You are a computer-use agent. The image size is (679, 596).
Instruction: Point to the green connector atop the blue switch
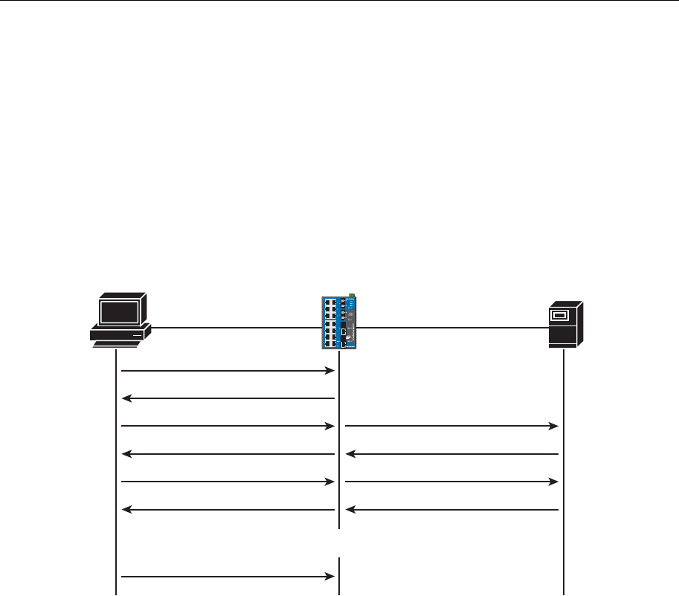350,296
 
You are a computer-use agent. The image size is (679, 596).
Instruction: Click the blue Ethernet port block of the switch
331,323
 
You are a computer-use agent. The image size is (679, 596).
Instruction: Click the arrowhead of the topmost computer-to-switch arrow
329,370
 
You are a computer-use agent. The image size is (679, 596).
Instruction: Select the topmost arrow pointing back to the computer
228,399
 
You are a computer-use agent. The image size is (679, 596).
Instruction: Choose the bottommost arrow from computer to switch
228,575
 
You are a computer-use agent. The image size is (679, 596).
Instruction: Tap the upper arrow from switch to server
451,426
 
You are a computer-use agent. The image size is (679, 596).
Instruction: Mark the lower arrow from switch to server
451,482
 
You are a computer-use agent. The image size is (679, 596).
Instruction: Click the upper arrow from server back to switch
451,453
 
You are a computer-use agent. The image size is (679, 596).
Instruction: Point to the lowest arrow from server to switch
451,510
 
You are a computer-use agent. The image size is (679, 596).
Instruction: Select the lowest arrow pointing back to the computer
228,510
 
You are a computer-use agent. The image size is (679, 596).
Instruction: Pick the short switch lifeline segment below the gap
339,576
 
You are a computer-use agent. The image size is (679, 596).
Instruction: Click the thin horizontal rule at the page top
339,1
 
